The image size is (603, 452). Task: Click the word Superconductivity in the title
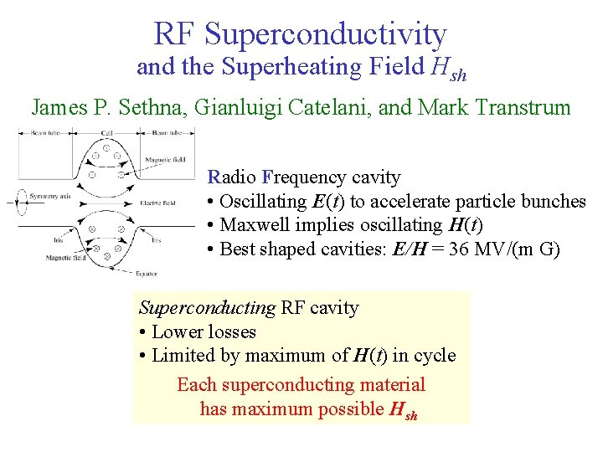(325, 34)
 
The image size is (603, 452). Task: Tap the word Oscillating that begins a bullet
(263, 202)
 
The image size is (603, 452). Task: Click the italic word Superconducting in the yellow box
(206, 308)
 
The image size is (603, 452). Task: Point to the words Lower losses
(204, 331)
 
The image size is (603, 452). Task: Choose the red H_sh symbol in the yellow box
(404, 410)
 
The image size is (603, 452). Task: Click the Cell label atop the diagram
(107, 132)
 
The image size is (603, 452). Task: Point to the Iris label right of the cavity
(156, 239)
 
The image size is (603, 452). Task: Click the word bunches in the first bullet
(554, 202)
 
